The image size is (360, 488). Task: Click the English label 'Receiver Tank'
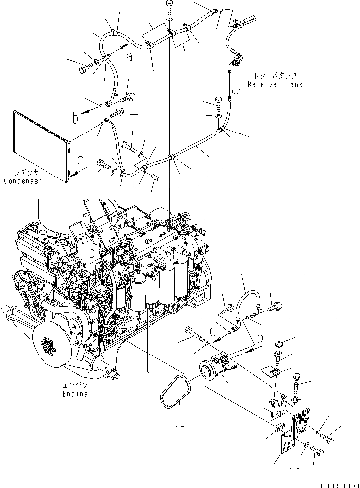click(x=275, y=84)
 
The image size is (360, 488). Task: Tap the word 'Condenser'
click(x=22, y=181)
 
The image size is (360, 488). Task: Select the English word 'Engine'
click(x=75, y=394)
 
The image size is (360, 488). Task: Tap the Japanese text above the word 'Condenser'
click(x=23, y=173)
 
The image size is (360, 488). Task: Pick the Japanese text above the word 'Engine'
click(x=75, y=386)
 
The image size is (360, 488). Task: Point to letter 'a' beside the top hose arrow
click(x=129, y=57)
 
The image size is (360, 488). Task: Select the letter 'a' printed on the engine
click(x=92, y=254)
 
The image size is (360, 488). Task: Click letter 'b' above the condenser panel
click(x=75, y=118)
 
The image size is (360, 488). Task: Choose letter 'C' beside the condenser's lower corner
click(x=80, y=160)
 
